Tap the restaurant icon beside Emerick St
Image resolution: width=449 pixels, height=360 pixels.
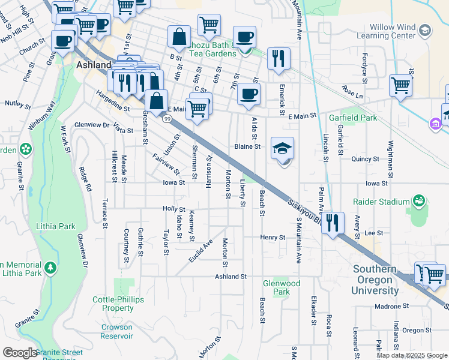click(279, 58)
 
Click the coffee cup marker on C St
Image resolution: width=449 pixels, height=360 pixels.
click(249, 94)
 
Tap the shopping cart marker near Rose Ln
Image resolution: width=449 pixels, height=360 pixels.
click(400, 85)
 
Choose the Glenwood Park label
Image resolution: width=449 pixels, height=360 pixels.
click(282, 287)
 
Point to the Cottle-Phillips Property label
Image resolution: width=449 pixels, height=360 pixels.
click(113, 304)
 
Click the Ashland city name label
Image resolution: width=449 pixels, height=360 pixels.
click(93, 64)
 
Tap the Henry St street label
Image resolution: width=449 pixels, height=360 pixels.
click(273, 238)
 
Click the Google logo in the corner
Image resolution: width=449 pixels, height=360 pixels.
click(20, 353)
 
